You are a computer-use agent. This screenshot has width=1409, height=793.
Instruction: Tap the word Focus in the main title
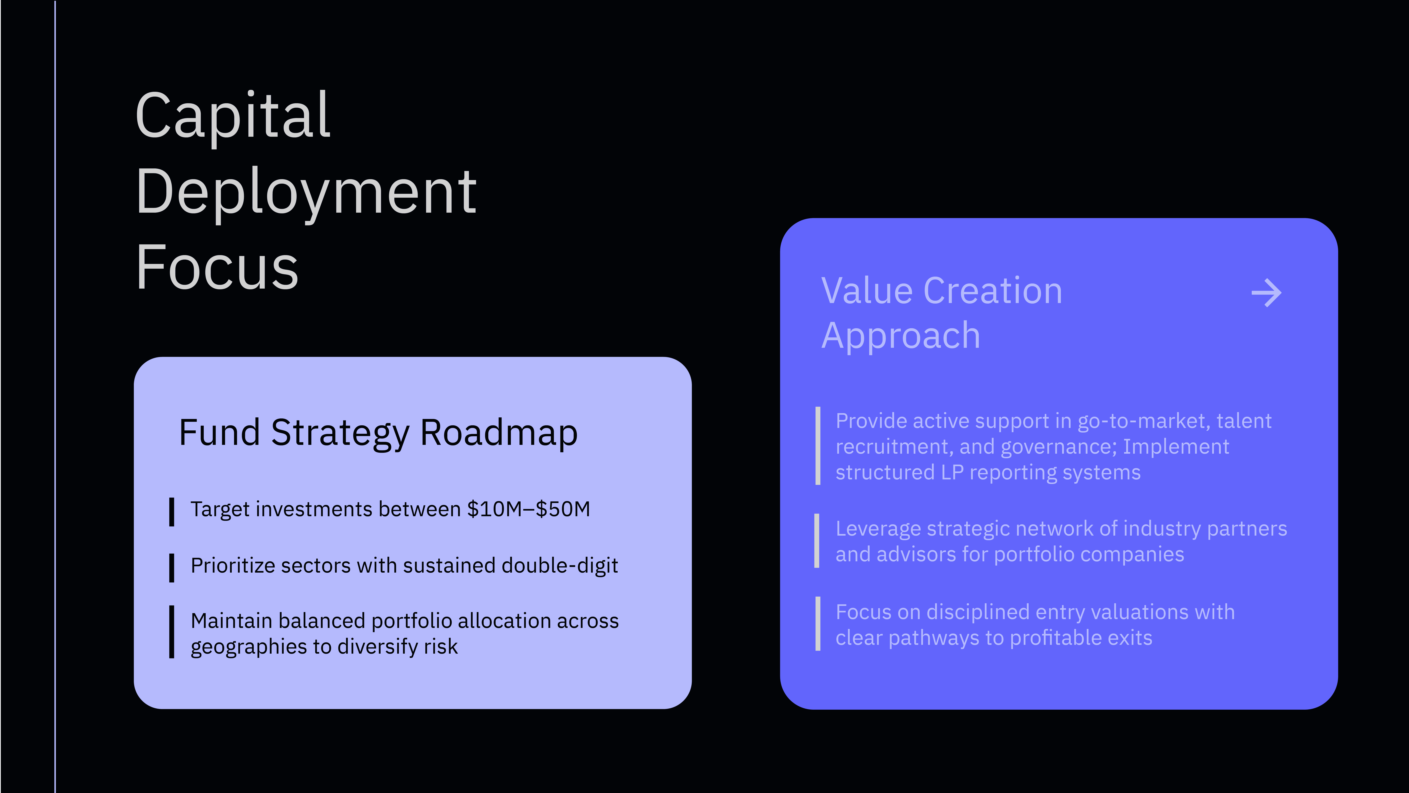(x=217, y=267)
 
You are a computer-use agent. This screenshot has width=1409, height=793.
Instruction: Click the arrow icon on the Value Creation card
(x=1266, y=293)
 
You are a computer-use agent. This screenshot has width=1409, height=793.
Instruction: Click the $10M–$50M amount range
(x=528, y=509)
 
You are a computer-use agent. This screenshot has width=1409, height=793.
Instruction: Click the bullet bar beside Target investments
(x=172, y=512)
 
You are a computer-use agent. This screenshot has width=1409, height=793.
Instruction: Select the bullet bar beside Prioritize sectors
(x=172, y=568)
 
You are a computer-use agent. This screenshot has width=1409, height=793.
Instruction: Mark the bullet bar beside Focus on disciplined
(x=818, y=624)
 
